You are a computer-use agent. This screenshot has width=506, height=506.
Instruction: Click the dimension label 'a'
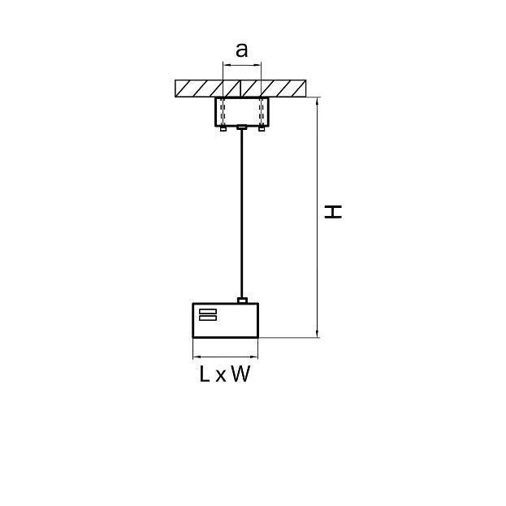[x=242, y=50]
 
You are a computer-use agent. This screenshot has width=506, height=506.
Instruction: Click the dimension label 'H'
[x=333, y=212]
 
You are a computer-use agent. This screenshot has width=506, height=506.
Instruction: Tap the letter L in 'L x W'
[x=205, y=374]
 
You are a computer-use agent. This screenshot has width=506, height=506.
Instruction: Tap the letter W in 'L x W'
[x=240, y=374]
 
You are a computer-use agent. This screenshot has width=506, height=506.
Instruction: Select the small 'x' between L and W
[x=220, y=376]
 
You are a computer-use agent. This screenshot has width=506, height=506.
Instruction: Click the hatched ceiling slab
[x=240, y=89]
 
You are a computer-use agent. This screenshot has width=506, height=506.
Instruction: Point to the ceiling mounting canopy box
[x=241, y=111]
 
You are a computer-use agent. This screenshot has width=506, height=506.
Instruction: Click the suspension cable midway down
[x=241, y=214]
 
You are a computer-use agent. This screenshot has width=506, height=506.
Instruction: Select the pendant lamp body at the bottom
[x=226, y=321]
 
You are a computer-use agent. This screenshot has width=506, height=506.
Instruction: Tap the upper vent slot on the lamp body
[x=208, y=311]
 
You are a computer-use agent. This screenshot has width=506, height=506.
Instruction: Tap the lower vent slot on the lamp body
[x=208, y=318]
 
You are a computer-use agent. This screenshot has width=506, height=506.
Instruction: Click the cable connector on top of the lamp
[x=242, y=301]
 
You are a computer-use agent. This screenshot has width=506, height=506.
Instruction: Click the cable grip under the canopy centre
[x=242, y=128]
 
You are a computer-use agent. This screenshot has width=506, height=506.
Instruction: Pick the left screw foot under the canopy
[x=223, y=129]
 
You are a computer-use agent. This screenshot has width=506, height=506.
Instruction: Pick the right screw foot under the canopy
[x=262, y=129]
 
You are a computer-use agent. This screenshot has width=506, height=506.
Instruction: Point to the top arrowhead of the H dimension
[x=318, y=102]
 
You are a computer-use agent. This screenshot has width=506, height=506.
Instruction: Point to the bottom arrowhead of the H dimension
[x=318, y=334]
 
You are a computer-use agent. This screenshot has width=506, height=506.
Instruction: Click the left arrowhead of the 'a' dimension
[x=227, y=65]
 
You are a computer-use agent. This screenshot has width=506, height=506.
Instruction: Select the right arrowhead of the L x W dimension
[x=254, y=357]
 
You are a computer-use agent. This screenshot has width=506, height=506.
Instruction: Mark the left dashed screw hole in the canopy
[x=222, y=111]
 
